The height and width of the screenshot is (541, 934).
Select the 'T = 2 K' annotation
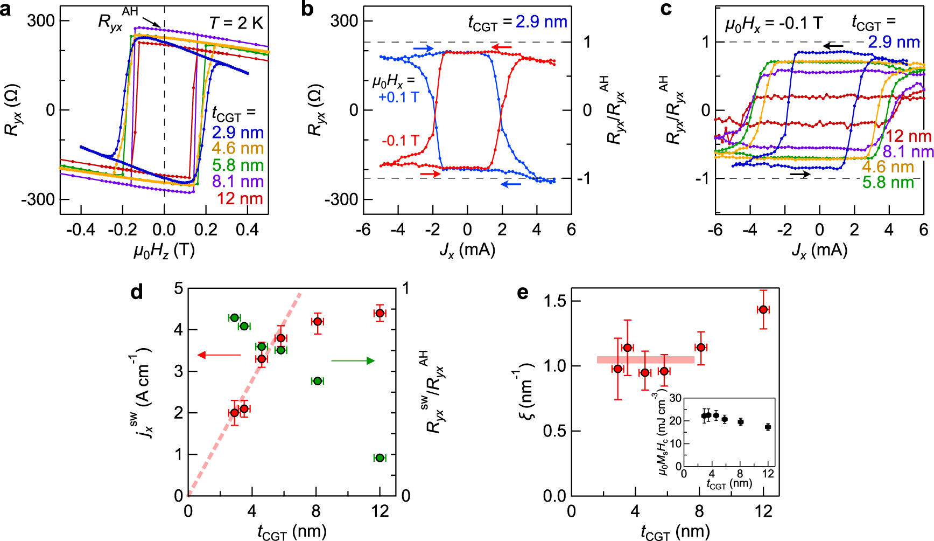pyautogui.click(x=236, y=23)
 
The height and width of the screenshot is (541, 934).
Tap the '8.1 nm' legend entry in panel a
pyautogui.click(x=237, y=182)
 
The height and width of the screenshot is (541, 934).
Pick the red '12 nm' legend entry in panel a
pyautogui.click(x=240, y=199)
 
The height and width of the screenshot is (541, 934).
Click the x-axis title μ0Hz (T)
pyautogui.click(x=164, y=250)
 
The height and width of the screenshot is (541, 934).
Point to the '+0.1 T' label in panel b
pyautogui.click(x=398, y=98)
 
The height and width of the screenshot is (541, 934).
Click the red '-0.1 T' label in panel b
pyautogui.click(x=400, y=141)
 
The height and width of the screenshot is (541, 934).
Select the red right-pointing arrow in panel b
pyautogui.click(x=430, y=174)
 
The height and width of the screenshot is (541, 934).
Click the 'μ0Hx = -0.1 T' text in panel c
pyautogui.click(x=774, y=24)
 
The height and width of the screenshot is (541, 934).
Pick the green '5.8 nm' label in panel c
pyautogui.click(x=888, y=183)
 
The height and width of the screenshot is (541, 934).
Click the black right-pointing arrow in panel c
pyautogui.click(x=800, y=174)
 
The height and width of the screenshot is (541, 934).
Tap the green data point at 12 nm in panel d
pyautogui.click(x=380, y=457)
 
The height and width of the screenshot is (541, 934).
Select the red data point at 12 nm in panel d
pyautogui.click(x=380, y=313)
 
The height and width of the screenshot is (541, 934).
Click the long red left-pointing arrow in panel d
pyautogui.click(x=219, y=355)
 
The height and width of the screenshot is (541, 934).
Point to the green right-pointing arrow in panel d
pyautogui.click(x=353, y=360)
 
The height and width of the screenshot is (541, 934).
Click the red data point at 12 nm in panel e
pyautogui.click(x=763, y=309)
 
